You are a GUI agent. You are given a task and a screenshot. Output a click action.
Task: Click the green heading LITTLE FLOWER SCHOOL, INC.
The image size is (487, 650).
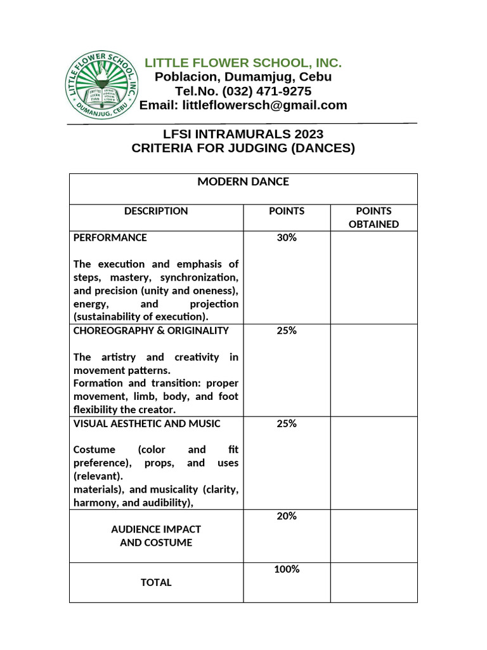point(243,63)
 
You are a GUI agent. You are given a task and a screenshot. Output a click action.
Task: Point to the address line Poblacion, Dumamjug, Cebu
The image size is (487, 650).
point(243,77)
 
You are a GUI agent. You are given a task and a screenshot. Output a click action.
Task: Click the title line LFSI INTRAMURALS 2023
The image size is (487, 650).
point(243,134)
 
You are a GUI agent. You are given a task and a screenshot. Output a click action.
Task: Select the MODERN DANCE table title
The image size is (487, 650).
point(243,182)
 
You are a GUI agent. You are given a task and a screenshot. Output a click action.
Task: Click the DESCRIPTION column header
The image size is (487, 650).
point(156,211)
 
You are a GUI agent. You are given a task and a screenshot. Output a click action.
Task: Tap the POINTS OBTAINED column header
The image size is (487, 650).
point(373,217)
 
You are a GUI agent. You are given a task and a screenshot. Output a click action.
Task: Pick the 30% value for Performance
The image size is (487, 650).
point(287,238)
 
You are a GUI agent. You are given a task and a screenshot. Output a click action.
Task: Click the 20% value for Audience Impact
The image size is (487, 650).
point(287,516)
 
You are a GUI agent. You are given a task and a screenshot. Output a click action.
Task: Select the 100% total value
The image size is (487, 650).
point(287,569)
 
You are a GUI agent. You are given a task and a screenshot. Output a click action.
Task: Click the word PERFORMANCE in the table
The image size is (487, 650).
point(110,238)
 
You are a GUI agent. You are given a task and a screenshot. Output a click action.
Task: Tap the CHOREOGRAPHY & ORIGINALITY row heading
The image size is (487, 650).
point(151,331)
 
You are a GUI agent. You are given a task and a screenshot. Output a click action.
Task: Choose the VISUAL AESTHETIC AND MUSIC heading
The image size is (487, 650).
point(147,423)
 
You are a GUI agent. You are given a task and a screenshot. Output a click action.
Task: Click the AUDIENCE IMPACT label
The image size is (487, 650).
point(156,529)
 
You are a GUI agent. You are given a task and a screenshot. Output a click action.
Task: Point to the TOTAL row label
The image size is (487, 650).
point(156,583)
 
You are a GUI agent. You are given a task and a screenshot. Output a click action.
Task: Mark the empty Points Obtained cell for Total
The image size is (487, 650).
point(373,582)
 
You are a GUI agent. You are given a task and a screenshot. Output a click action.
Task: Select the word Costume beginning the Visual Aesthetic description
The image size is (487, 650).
point(94,449)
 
